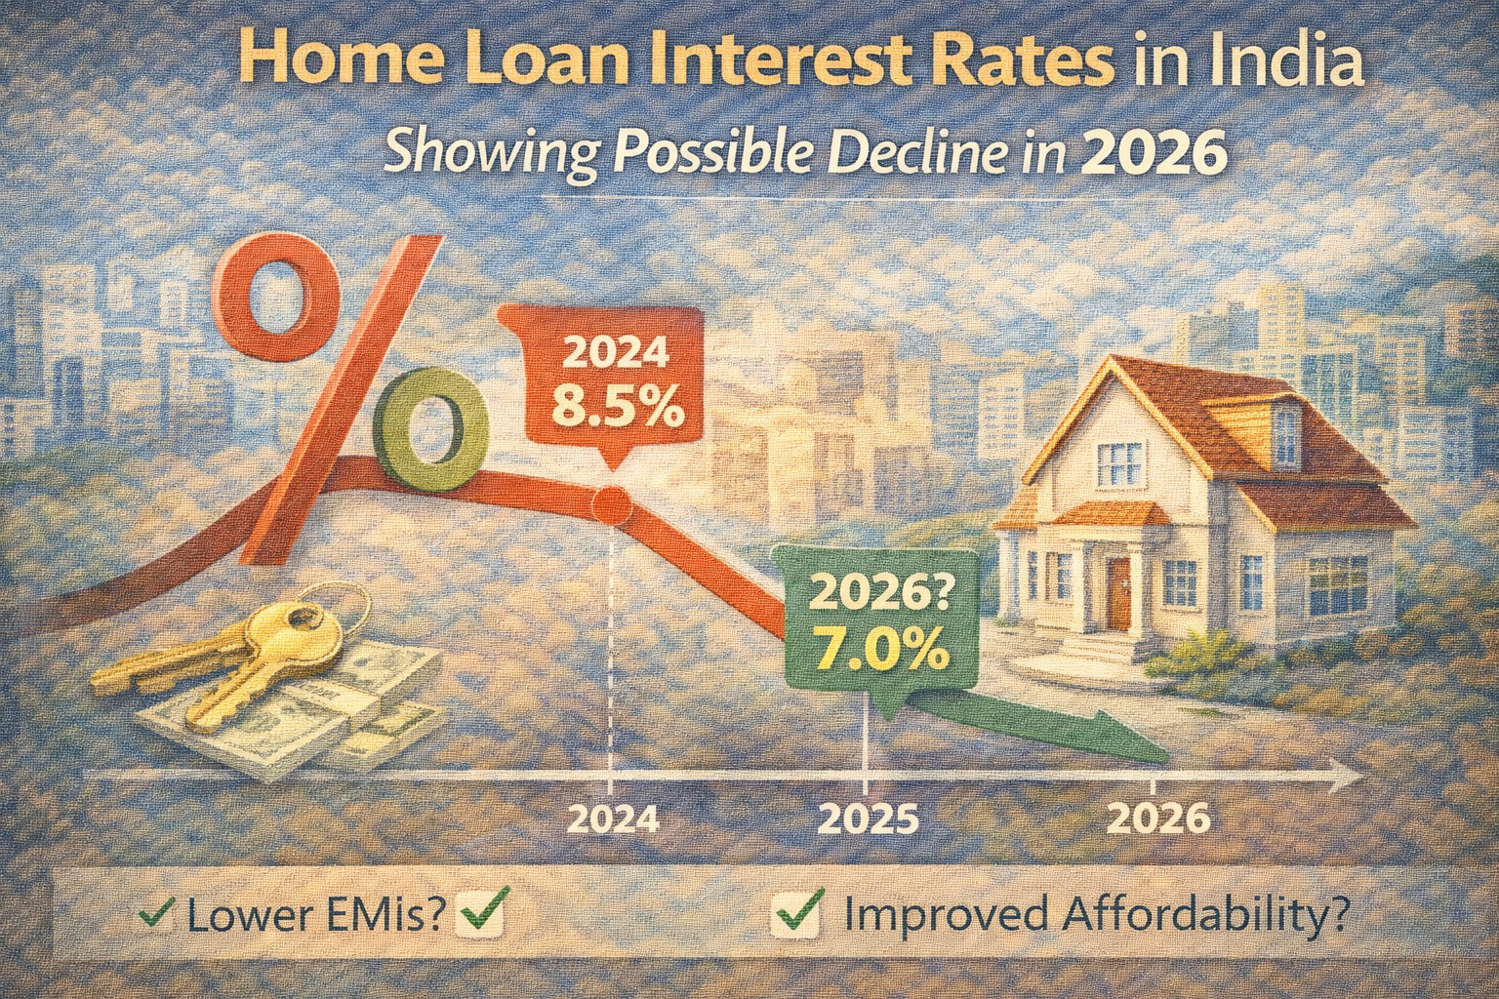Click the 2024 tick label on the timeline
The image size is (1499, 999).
(x=612, y=818)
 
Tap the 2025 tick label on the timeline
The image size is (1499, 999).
(x=868, y=818)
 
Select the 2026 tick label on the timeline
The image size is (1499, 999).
(x=1159, y=818)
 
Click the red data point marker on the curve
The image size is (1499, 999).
(x=613, y=503)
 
